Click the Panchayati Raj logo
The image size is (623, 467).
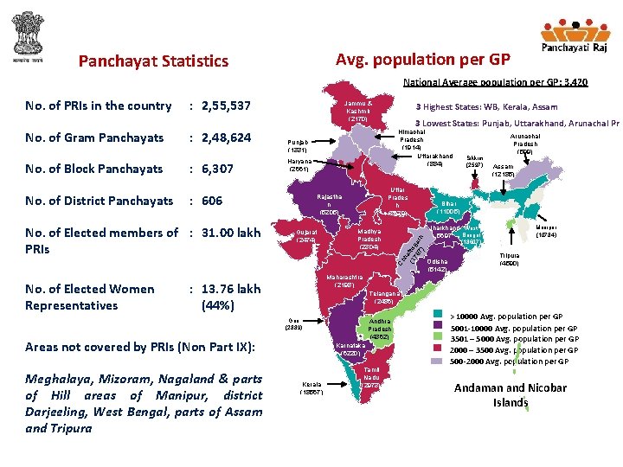572,39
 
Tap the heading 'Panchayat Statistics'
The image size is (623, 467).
153,61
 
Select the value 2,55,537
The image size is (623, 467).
226,106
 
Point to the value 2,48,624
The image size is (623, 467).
226,138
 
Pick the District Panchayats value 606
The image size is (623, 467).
212,201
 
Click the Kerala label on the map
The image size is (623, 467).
312,387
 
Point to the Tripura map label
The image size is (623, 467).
508,259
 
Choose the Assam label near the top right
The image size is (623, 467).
503,170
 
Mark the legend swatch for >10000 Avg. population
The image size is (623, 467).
437,317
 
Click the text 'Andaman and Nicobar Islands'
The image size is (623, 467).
511,395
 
